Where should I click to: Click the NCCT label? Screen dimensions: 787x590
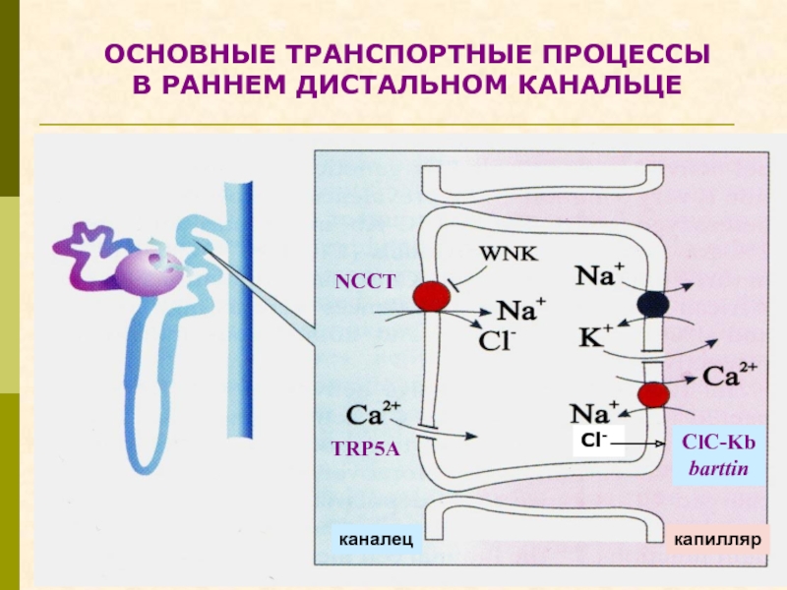365,282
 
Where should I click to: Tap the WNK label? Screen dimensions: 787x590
508,254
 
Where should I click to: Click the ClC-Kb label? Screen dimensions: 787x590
719,442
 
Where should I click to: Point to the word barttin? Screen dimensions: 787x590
718,469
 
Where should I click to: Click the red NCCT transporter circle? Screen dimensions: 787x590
431,297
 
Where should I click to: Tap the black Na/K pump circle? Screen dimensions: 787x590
653,304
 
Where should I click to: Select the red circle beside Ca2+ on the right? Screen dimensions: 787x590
653,395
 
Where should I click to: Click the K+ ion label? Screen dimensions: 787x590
596,336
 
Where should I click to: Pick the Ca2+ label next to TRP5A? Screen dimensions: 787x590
373,413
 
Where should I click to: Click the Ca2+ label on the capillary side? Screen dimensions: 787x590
729,375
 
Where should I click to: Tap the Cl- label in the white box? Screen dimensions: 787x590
594,441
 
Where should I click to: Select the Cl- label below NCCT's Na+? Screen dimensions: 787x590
498,341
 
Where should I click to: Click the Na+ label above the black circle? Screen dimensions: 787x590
599,274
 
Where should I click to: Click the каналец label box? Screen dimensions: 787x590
376,539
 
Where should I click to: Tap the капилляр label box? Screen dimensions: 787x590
717,539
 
